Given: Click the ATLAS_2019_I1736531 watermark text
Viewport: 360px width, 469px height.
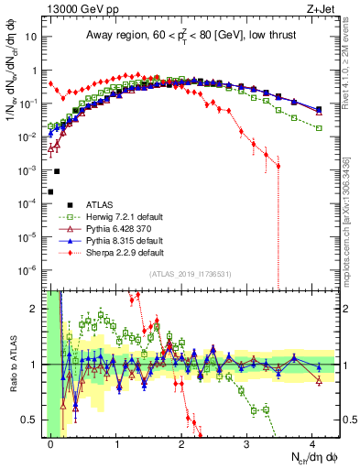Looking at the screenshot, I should [x=191, y=274].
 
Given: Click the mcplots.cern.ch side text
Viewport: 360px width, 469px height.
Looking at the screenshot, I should [x=353, y=211].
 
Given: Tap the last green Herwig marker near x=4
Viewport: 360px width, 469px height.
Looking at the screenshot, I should [x=319, y=128].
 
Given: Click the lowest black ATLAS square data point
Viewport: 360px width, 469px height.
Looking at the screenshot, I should [x=51, y=191].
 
